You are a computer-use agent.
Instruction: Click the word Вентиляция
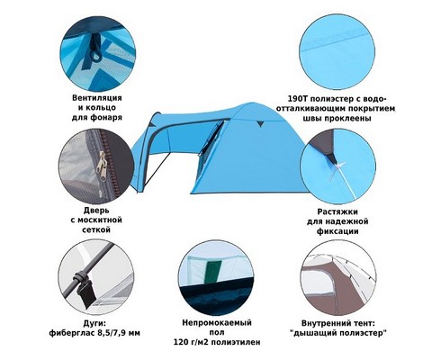[x=97, y=98]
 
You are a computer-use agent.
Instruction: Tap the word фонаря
[x=106, y=117]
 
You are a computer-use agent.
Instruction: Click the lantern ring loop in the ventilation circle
[x=97, y=55]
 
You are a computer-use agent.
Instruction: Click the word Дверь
[x=96, y=211]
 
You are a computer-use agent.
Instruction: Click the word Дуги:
[x=95, y=323]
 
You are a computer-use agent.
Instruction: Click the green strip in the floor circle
[x=213, y=271]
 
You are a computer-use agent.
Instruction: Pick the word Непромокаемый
[x=217, y=323]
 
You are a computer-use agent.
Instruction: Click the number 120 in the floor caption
[x=179, y=342]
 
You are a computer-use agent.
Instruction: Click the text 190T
[x=295, y=99]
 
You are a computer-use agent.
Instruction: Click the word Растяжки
[x=337, y=211]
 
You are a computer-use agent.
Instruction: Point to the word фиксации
[x=337, y=231]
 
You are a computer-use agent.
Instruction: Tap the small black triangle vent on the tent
[x=260, y=124]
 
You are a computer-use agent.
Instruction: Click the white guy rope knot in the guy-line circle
[x=337, y=166]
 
